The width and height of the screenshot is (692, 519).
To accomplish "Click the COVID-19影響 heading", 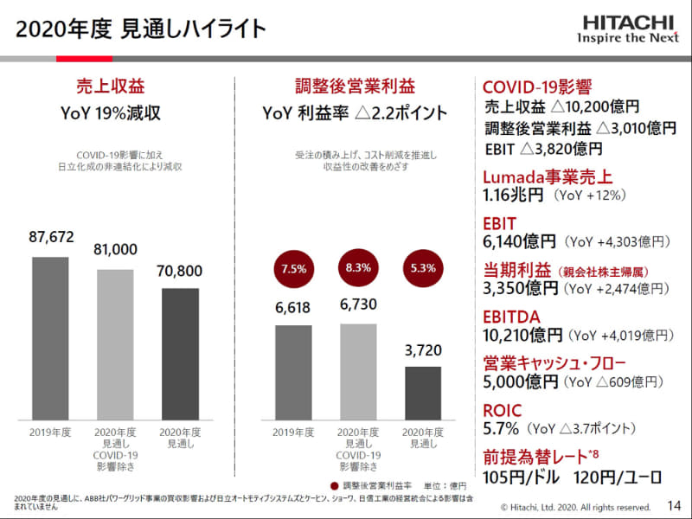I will pos(536,86).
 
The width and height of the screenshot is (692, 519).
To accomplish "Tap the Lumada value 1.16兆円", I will pos(513,195).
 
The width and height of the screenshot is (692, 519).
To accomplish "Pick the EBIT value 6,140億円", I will pos(520,242).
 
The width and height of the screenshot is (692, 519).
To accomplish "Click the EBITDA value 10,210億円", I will pos(522,334).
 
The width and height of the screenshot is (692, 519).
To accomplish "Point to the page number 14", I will pos(675,505).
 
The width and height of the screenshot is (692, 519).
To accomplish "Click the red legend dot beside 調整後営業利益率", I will pos(334,485).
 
